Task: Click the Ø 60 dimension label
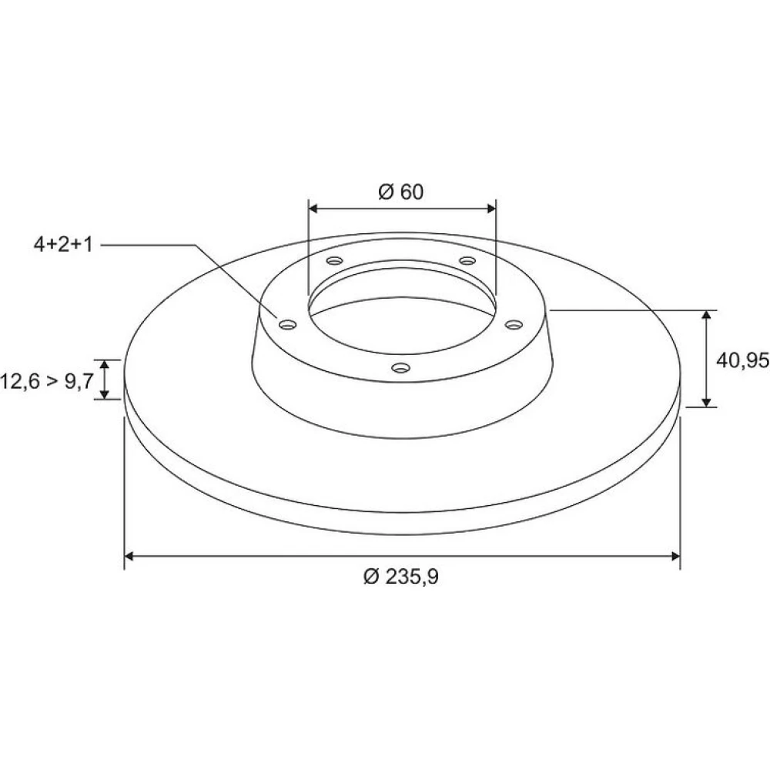(400, 192)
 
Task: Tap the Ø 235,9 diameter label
(400, 577)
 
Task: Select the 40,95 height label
(742, 361)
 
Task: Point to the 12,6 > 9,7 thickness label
(47, 381)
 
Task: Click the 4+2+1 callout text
(63, 245)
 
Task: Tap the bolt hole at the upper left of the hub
(334, 260)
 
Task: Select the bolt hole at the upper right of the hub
(467, 260)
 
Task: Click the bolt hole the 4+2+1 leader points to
(288, 325)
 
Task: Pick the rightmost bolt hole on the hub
(514, 325)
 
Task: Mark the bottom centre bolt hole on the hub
(400, 367)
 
